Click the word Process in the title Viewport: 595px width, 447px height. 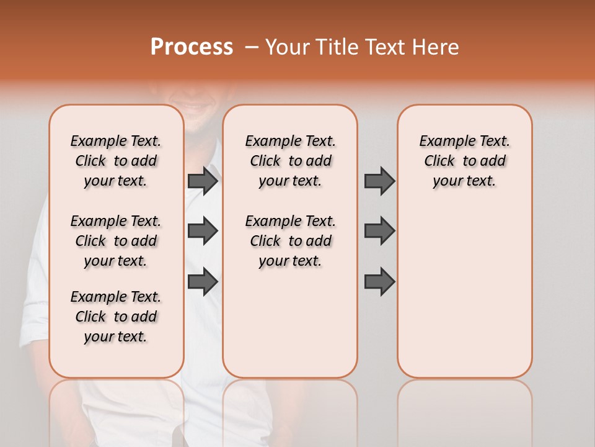tap(192, 47)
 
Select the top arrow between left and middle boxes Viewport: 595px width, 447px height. tap(203, 181)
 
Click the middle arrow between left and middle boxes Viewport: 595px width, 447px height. tap(203, 231)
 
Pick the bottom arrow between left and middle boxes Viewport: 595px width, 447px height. tap(203, 281)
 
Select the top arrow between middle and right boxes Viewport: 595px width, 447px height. tap(379, 181)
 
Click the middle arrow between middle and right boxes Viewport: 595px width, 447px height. tap(379, 231)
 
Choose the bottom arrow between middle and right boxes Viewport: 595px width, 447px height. tap(379, 281)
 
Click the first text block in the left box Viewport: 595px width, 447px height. tap(116, 161)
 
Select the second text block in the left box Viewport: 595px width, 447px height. tap(116, 241)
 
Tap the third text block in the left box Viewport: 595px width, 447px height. tap(116, 317)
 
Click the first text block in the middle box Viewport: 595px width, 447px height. tap(290, 161)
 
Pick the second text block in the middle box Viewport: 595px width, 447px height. tap(290, 241)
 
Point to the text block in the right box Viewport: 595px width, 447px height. tap(464, 161)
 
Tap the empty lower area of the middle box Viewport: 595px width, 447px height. tap(290, 323)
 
